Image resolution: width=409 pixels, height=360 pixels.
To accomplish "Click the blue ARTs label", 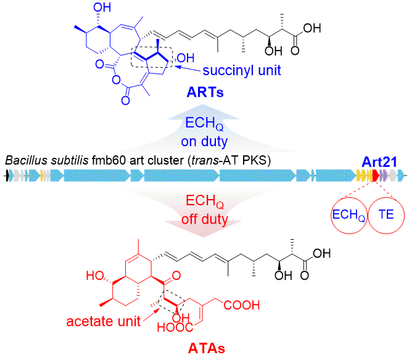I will click(x=204, y=93).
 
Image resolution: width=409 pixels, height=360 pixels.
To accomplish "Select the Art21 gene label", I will click(x=380, y=162).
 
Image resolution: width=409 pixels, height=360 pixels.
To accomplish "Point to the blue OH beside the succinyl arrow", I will click(x=184, y=59).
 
